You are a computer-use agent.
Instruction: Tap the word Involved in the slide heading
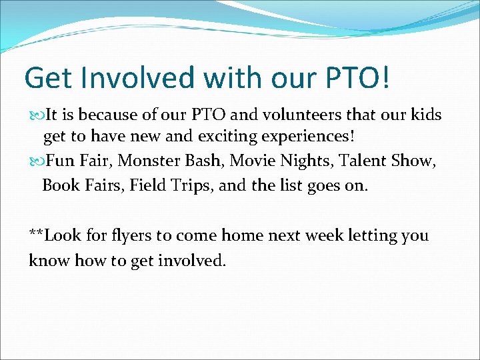tap(138, 78)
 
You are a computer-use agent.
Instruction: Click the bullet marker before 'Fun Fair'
tap(35, 161)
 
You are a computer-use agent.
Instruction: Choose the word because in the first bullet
tap(101, 115)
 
